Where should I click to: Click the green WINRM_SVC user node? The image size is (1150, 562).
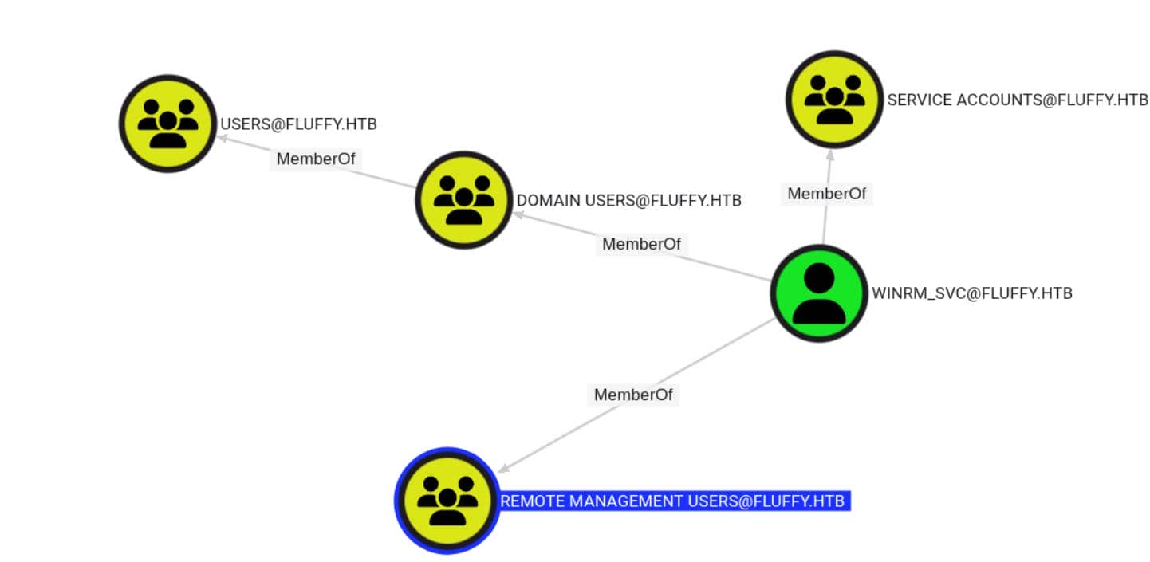pyautogui.click(x=818, y=293)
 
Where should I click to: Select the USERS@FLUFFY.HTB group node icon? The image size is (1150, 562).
pyautogui.click(x=167, y=123)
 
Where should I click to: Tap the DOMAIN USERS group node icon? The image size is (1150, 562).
pyautogui.click(x=463, y=200)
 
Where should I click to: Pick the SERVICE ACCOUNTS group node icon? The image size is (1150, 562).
pyautogui.click(x=834, y=99)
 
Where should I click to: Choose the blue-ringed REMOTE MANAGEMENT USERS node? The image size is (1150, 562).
pyautogui.click(x=447, y=500)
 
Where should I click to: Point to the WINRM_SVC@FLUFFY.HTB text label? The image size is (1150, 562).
pyautogui.click(x=971, y=293)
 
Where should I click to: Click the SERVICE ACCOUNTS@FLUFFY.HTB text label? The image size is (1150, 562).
pyautogui.click(x=1017, y=100)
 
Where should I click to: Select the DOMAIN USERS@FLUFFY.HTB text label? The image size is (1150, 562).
pyautogui.click(x=628, y=201)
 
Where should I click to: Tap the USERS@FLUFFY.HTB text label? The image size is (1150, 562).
pyautogui.click(x=297, y=124)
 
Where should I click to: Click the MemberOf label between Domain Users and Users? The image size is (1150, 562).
pyautogui.click(x=315, y=159)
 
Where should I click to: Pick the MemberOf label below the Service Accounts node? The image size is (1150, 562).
pyautogui.click(x=826, y=194)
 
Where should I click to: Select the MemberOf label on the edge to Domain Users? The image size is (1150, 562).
pyautogui.click(x=641, y=244)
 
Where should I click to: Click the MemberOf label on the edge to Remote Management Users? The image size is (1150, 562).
pyautogui.click(x=633, y=395)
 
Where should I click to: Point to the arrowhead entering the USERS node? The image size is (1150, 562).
pyautogui.click(x=222, y=138)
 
